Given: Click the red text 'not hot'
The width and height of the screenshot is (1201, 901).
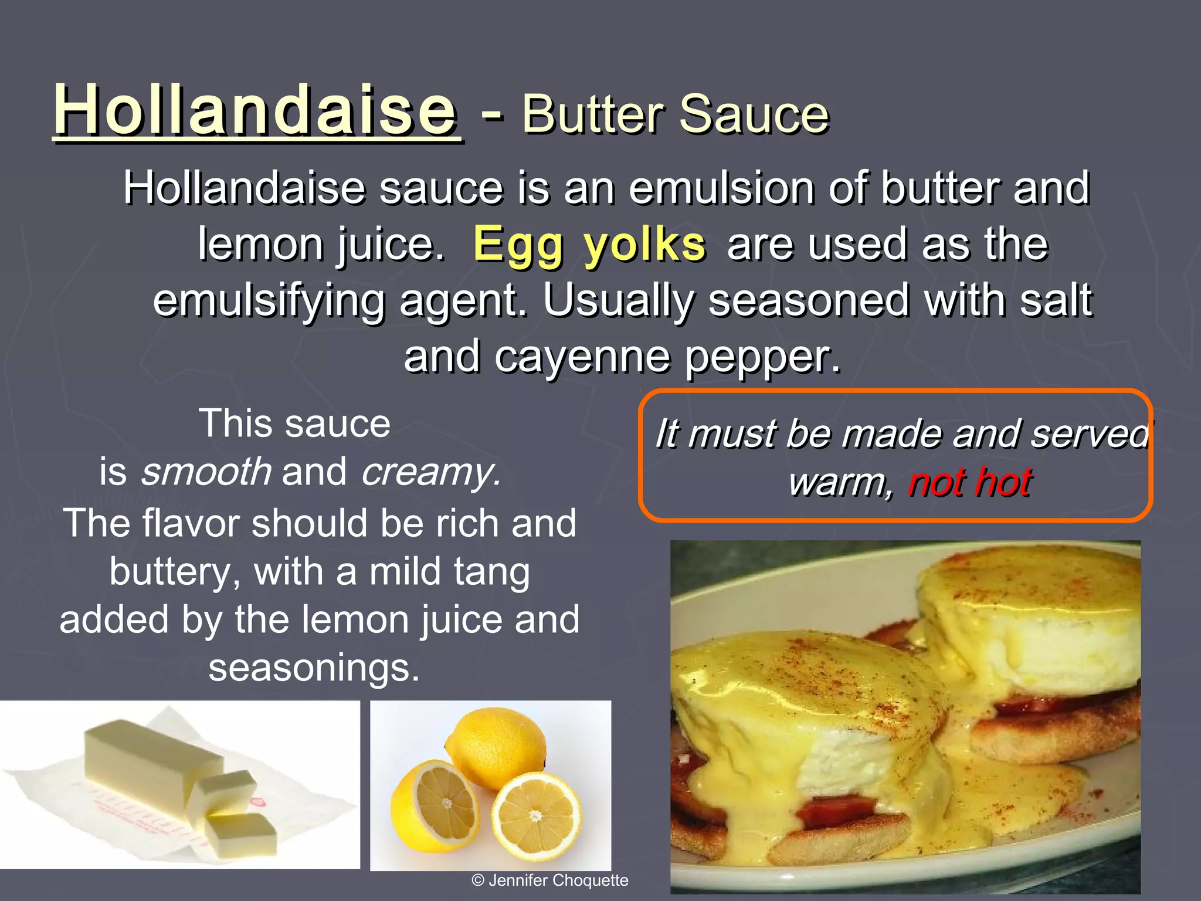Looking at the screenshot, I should [x=970, y=482].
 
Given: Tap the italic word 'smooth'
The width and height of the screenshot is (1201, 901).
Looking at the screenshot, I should [x=206, y=472].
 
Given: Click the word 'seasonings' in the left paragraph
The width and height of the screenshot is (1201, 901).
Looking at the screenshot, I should [x=314, y=668].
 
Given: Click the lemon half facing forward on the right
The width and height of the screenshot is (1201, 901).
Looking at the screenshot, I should [x=536, y=816].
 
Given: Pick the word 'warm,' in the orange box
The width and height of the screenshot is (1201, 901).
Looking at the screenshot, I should [x=840, y=483].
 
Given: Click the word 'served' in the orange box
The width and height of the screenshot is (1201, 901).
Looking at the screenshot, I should [x=1090, y=435].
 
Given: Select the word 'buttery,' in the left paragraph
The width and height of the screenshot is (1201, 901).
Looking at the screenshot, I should [x=174, y=572].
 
